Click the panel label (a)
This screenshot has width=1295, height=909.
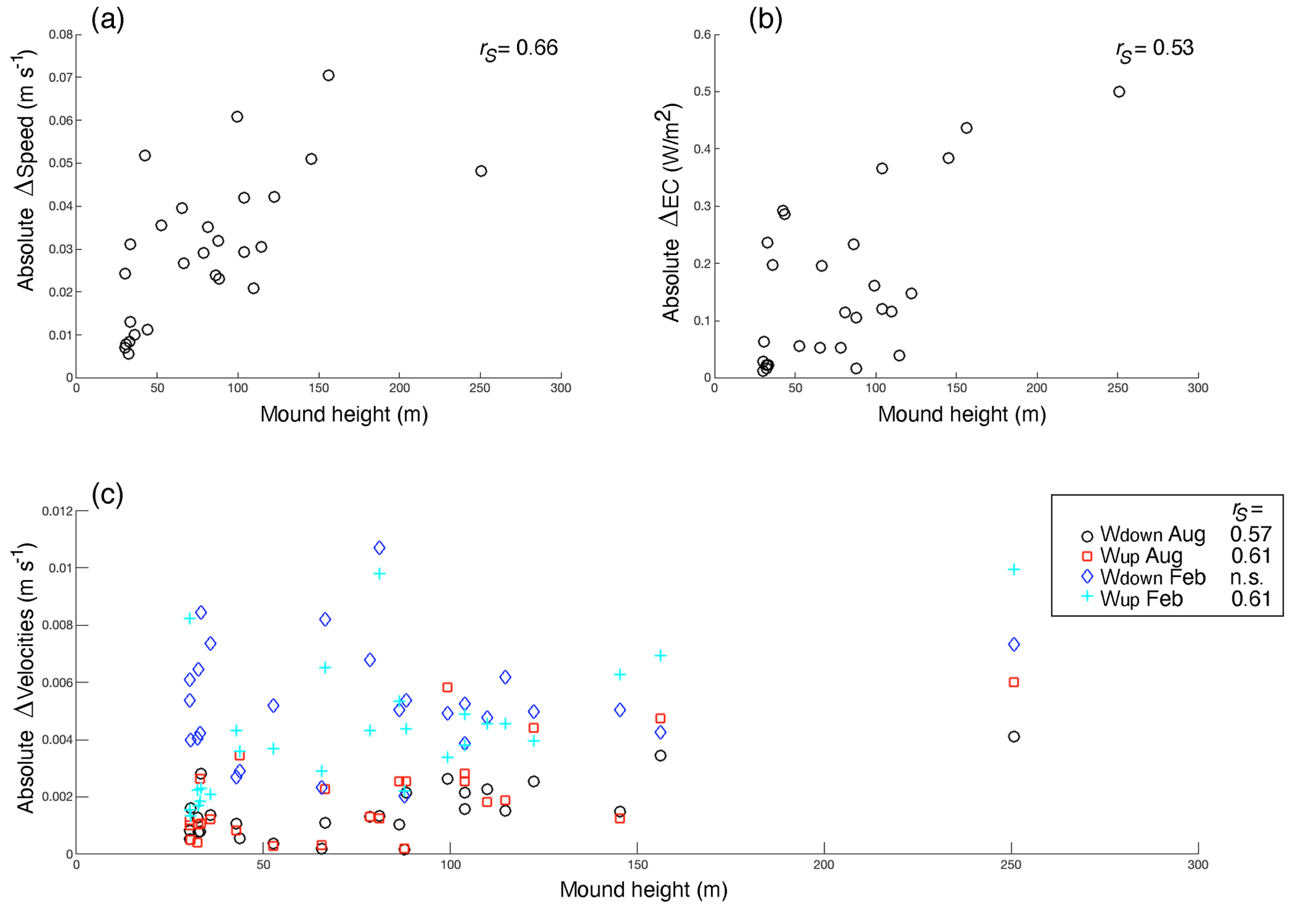click(x=108, y=20)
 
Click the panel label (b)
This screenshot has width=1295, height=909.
click(x=765, y=20)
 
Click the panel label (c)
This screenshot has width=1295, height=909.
click(x=108, y=494)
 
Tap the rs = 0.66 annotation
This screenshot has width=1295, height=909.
click(x=519, y=49)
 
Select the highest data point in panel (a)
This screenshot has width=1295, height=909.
click(x=328, y=76)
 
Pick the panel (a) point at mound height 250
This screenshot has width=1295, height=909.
click(x=481, y=171)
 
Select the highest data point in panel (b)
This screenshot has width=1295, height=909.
click(x=1119, y=92)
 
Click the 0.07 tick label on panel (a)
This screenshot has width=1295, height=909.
click(x=61, y=78)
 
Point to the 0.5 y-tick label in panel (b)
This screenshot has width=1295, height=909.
click(x=702, y=92)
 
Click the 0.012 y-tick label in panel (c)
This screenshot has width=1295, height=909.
click(x=58, y=511)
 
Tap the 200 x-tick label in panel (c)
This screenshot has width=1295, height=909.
click(x=824, y=865)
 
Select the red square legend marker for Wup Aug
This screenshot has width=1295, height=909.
click(x=1087, y=556)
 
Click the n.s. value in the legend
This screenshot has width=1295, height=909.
click(x=1247, y=577)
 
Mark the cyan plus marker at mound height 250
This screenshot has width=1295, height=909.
click(x=1014, y=569)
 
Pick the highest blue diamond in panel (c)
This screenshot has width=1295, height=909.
click(x=379, y=548)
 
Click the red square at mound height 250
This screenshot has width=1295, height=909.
click(x=1014, y=682)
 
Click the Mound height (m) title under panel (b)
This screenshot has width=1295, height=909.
click(x=962, y=414)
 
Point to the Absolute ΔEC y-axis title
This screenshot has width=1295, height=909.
click(x=671, y=213)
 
